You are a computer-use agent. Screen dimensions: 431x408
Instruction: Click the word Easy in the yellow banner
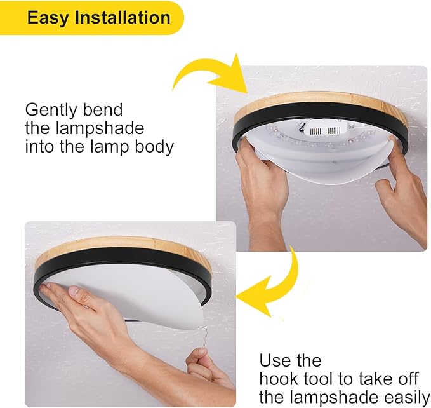(48, 18)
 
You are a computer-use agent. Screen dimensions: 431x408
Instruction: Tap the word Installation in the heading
(123, 17)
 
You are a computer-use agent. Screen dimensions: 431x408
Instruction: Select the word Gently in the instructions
(51, 111)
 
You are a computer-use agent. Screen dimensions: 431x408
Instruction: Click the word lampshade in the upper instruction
(100, 128)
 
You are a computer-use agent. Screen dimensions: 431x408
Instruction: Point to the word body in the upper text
(154, 146)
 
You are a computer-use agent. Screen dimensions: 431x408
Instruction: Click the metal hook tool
(203, 338)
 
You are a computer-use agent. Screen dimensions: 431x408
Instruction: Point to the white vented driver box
(326, 131)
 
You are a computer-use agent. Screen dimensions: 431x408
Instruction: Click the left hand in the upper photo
(261, 193)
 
